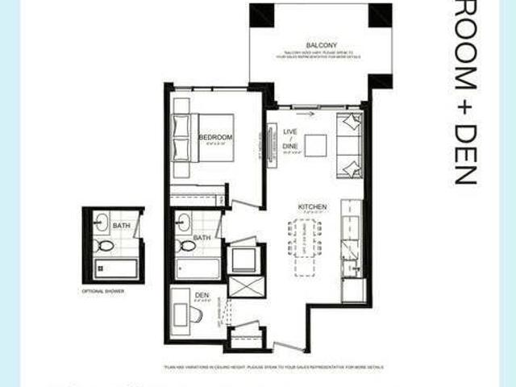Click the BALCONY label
[x=321, y=44]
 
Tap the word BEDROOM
[x=215, y=138]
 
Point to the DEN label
[x=202, y=296]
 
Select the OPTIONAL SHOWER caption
[x=103, y=290]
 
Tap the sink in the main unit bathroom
[x=184, y=222]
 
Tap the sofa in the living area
[x=350, y=145]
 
